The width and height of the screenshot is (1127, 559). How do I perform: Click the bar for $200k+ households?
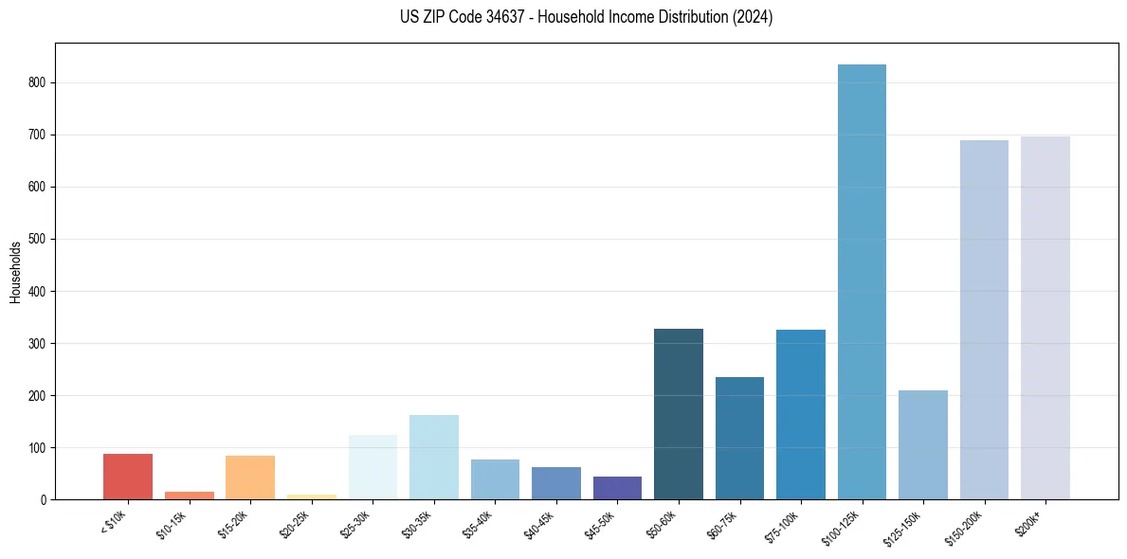pyautogui.click(x=1045, y=317)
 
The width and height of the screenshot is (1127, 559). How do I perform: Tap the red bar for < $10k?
pyautogui.click(x=128, y=477)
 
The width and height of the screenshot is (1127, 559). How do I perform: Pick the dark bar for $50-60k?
pyautogui.click(x=679, y=414)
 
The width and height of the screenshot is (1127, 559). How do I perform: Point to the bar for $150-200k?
pyautogui.click(x=984, y=319)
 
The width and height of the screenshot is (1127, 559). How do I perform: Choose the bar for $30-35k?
pyautogui.click(x=434, y=457)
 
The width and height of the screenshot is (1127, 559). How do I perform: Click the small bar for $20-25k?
pyautogui.click(x=312, y=496)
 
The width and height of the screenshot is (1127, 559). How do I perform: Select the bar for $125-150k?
pyautogui.click(x=923, y=444)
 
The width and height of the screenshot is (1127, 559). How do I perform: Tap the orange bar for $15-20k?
pyautogui.click(x=250, y=478)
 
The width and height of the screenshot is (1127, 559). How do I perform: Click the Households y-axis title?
pyautogui.click(x=15, y=272)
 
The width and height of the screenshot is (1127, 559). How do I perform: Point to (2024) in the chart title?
pyautogui.click(x=752, y=17)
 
